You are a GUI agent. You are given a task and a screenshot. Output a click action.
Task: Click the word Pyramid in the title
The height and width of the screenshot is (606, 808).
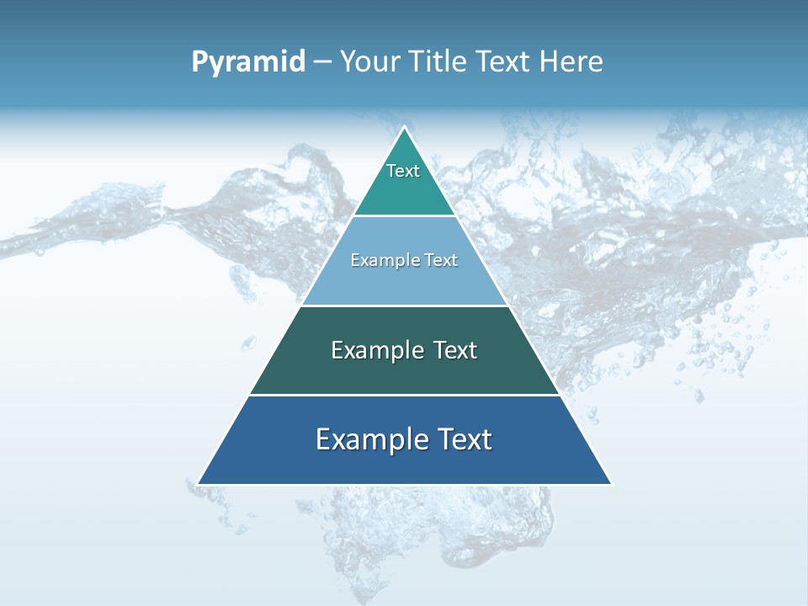[x=248, y=62]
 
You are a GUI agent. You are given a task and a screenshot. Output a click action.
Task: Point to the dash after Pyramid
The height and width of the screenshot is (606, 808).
[x=322, y=62]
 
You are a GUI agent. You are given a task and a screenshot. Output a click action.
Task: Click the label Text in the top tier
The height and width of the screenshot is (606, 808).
[x=403, y=171]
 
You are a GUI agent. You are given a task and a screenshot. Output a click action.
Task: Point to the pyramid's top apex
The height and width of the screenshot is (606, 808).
[x=404, y=128]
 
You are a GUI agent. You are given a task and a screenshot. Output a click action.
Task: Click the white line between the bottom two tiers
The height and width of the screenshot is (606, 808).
[x=404, y=395]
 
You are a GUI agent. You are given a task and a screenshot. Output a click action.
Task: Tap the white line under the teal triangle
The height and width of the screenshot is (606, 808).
[x=404, y=215]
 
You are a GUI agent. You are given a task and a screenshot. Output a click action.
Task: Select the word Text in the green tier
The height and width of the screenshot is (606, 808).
[x=447, y=350]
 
